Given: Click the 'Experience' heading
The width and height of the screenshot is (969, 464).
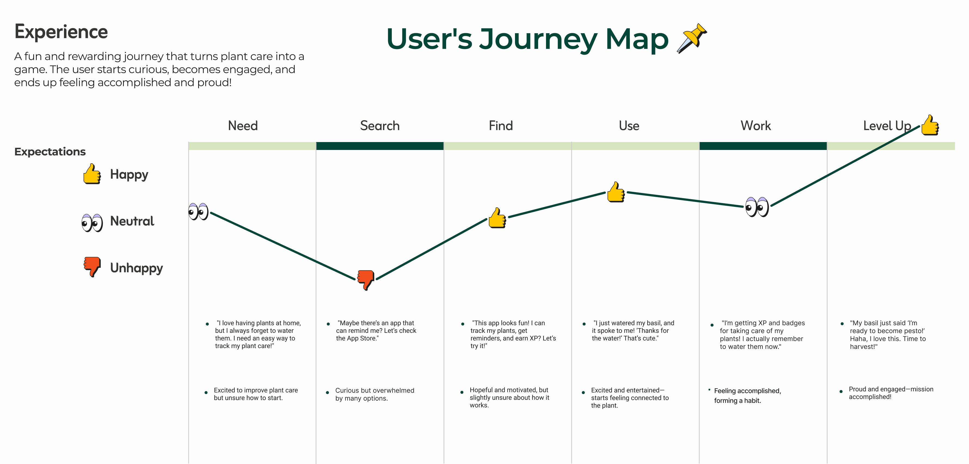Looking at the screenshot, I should coord(61,32).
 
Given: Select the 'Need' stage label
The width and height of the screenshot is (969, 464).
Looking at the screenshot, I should coord(243,125).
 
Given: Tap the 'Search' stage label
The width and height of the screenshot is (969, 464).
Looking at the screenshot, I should coord(379,125).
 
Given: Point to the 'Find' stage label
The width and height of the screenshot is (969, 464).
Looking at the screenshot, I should coord(501,125).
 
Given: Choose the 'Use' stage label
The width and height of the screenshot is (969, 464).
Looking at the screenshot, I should coord(629,125).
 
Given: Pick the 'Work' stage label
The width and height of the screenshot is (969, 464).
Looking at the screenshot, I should coord(756,125).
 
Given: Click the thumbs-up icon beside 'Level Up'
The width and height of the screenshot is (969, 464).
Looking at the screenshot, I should coord(930,125).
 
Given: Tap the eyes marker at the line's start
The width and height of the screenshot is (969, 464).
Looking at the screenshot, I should coord(198,212).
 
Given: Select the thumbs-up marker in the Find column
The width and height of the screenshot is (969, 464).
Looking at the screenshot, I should coord(497,218).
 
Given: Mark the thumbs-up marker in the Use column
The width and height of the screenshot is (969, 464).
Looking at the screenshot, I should coord(616,192).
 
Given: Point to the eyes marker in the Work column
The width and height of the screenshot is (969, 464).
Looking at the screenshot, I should coord(757,207).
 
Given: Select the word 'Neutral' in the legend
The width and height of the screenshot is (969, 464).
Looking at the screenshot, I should coord(132,221).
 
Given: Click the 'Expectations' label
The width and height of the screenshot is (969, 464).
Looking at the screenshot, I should coord(50,152).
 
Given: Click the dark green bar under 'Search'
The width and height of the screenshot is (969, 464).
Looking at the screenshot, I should coord(379,146).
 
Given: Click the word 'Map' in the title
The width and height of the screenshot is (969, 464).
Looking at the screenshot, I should coord(637,39).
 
